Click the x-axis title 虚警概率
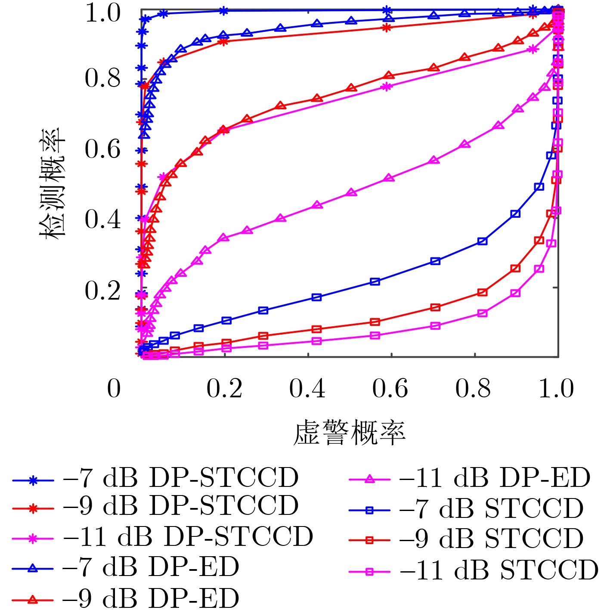tap(349, 433)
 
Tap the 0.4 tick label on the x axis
tap(307, 388)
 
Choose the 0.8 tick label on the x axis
tap(473, 388)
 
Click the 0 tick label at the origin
tap(114, 388)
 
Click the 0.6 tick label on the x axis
tap(390, 388)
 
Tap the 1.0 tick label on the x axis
tap(556, 388)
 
